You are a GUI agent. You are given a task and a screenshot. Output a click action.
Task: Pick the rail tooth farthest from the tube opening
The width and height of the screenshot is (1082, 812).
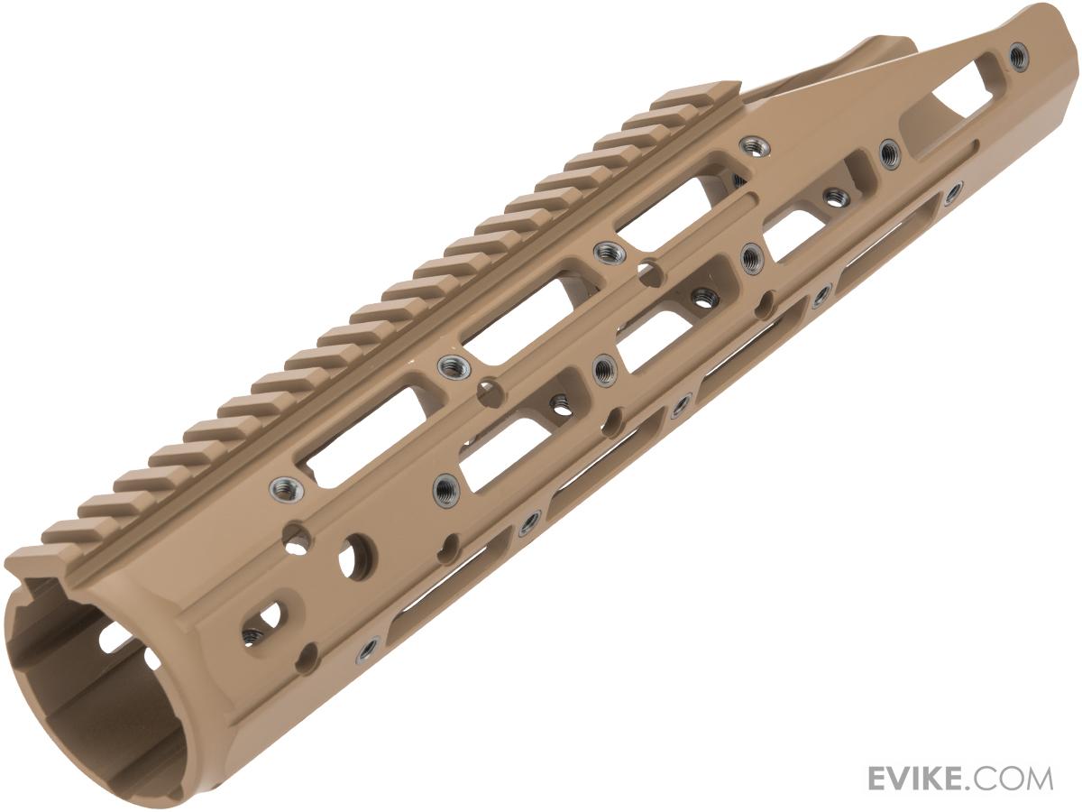tap(695, 92)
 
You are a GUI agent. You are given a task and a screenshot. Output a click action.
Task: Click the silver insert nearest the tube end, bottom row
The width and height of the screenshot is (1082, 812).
tap(369, 646)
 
